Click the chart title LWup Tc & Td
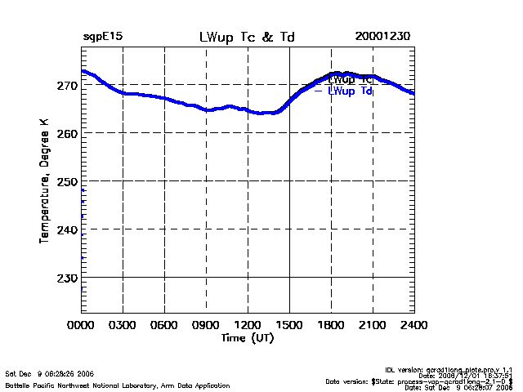(247, 38)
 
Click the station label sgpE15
(103, 38)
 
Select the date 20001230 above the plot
(382, 38)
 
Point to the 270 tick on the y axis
(68, 85)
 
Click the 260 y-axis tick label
(68, 133)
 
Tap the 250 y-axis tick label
(68, 181)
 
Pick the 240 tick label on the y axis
(68, 230)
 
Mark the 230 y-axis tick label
(68, 278)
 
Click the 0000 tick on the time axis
(81, 325)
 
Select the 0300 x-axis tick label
(123, 325)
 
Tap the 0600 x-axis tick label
(164, 325)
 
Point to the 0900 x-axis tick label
(206, 325)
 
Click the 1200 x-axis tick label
(248, 325)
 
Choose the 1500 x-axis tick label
(289, 325)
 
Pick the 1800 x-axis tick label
(331, 325)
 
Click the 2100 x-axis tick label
(373, 325)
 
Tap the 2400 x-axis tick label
(413, 325)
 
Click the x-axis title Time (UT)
(247, 337)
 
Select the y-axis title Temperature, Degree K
(45, 180)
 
